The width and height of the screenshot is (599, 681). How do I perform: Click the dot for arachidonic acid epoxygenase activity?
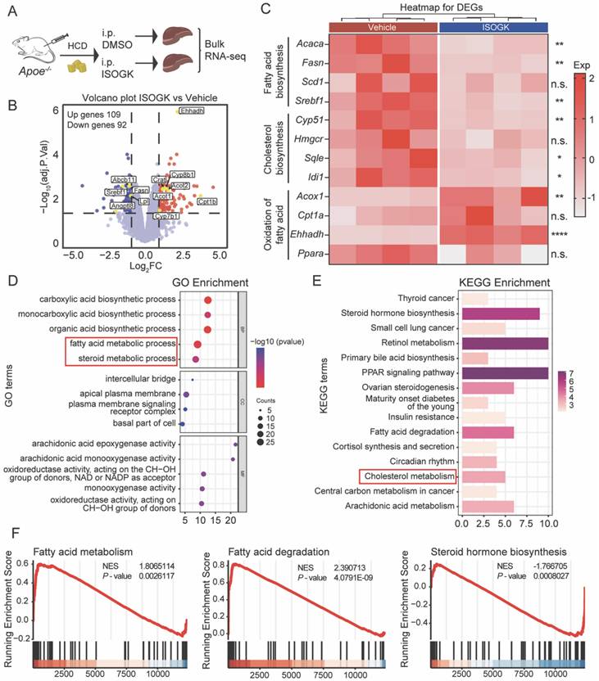coord(235,444)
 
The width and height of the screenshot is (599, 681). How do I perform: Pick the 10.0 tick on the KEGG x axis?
coord(548,522)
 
